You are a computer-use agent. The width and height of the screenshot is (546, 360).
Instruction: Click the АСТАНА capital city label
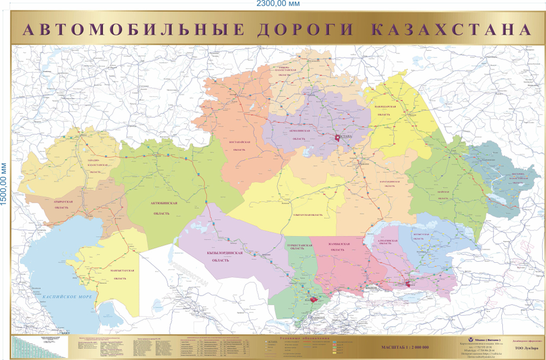pyautogui.click(x=346, y=132)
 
